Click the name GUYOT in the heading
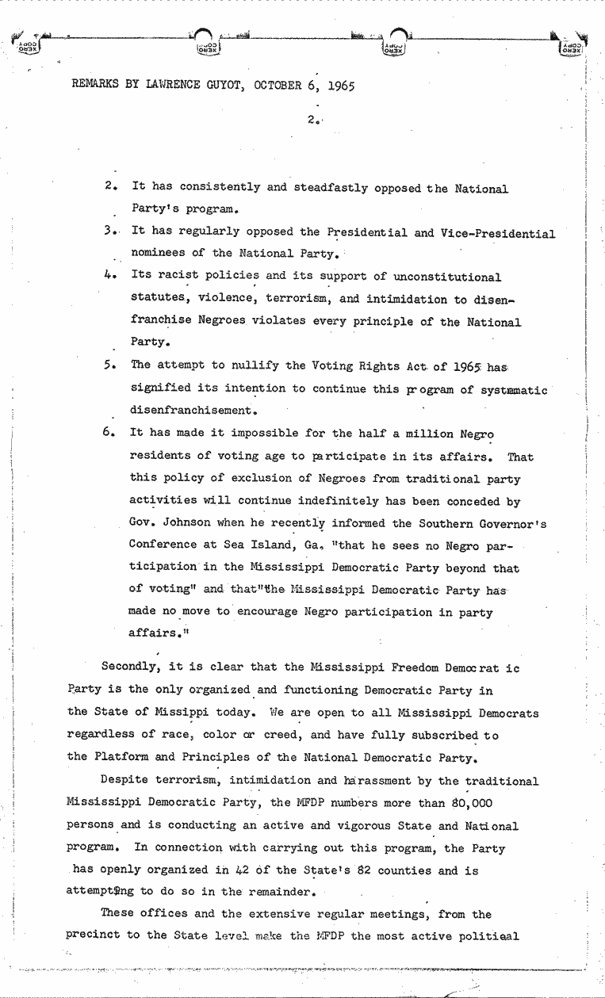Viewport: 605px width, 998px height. point(220,85)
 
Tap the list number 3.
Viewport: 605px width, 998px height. point(109,233)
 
